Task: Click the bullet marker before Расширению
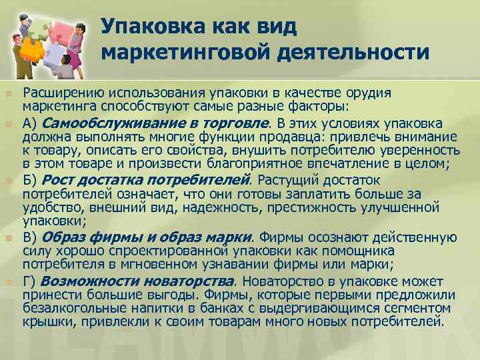[x=9, y=93]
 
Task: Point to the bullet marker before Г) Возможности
[x=9, y=281]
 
